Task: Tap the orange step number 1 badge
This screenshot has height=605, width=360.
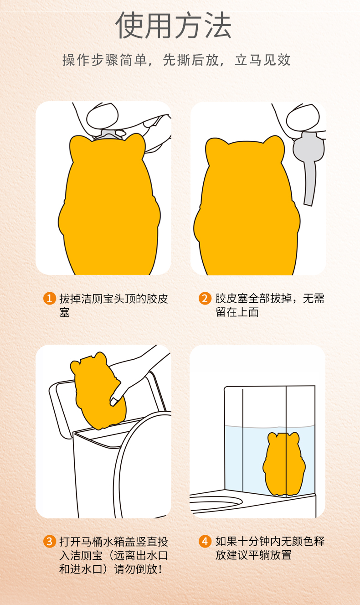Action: (x=50, y=299)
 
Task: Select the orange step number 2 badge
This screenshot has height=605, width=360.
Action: (x=205, y=299)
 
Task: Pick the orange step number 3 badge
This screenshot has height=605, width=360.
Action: (x=50, y=542)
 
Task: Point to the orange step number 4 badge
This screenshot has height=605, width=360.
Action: (x=205, y=542)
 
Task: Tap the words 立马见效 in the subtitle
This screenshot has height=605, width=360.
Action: (x=262, y=60)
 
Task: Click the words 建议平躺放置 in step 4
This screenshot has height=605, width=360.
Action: (x=259, y=555)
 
